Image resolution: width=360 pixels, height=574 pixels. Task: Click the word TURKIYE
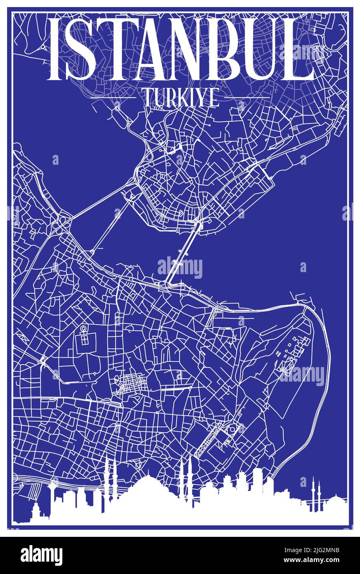(x=181, y=98)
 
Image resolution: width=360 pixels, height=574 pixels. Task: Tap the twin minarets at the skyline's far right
(x=315, y=493)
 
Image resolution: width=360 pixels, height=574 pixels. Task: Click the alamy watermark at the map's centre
(x=180, y=267)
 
